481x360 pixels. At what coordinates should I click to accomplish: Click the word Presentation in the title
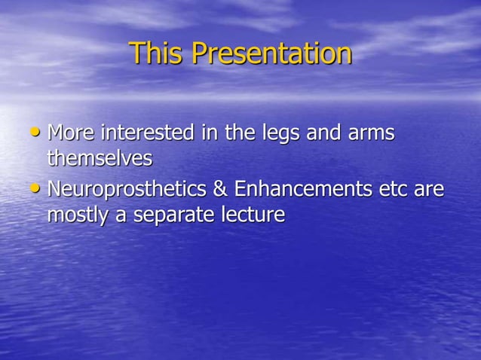[x=271, y=53]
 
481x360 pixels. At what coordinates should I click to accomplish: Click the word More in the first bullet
[x=72, y=133]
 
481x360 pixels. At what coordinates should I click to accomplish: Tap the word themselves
[x=100, y=159]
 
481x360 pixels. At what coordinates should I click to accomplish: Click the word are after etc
[x=430, y=190]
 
